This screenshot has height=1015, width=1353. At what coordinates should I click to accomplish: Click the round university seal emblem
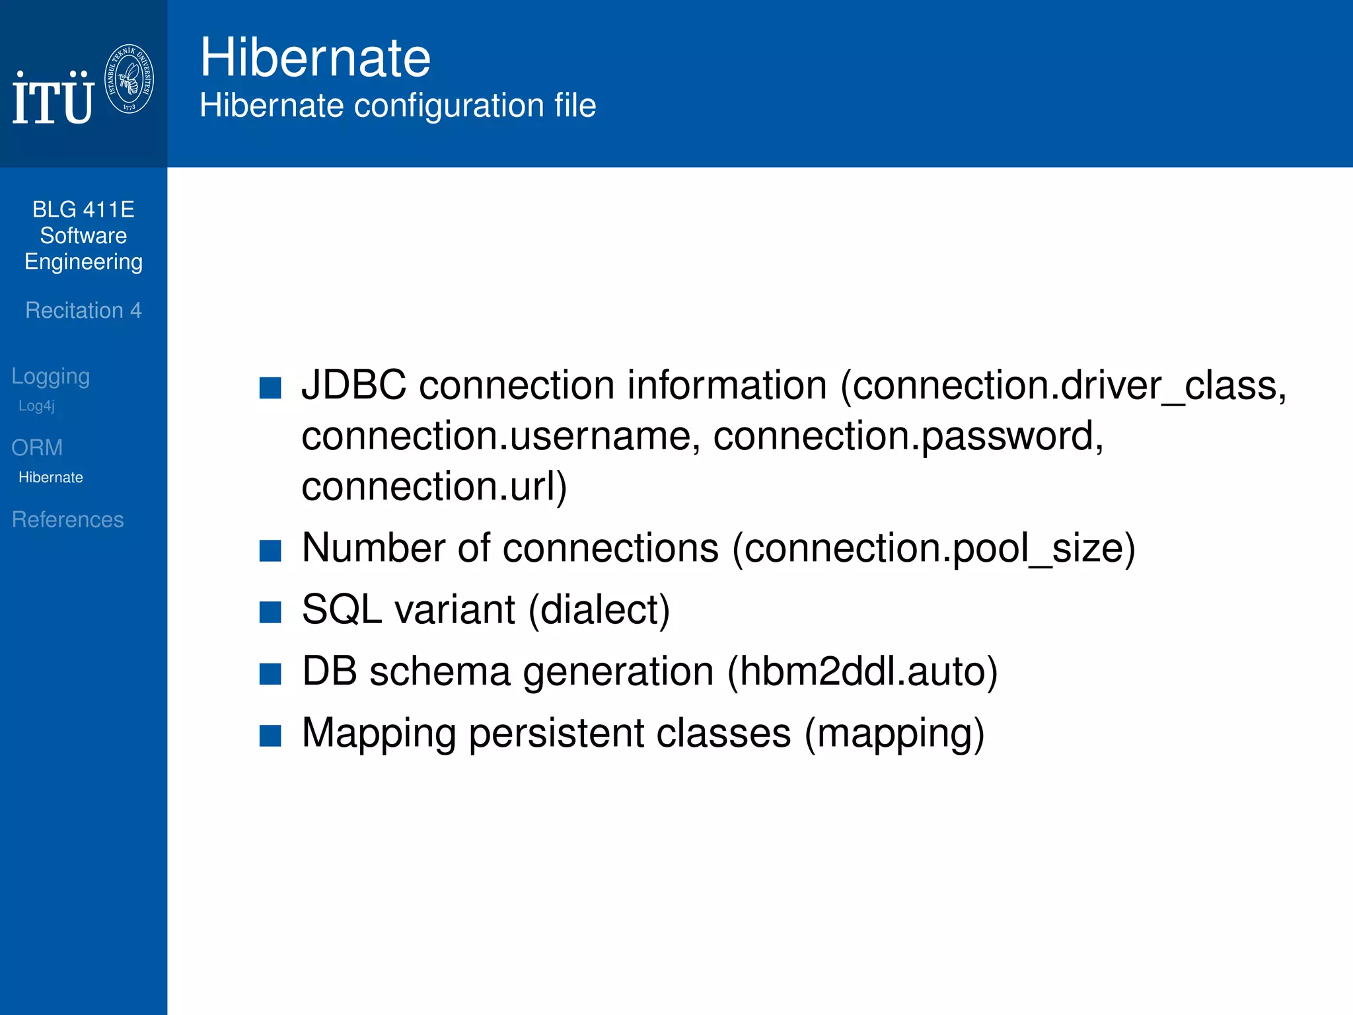point(129,79)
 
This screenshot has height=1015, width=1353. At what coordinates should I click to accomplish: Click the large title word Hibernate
point(315,57)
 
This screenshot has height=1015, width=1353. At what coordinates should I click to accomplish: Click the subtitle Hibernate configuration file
point(398,106)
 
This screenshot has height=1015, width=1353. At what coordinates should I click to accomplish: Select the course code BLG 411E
point(83,209)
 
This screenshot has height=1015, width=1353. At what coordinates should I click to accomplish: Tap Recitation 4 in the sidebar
point(83,311)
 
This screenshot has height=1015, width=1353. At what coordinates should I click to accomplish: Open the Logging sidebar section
point(51,376)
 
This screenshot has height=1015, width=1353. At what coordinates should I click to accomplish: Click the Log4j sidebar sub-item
point(36,406)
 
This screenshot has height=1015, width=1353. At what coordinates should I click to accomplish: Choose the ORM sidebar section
point(37,448)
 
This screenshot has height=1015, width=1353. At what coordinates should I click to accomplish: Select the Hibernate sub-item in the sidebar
point(51,478)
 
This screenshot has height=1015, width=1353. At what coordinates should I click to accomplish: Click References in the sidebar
point(68,519)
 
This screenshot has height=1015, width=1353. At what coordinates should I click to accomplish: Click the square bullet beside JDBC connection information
point(270,388)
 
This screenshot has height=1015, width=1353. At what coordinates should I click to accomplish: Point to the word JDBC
point(353,385)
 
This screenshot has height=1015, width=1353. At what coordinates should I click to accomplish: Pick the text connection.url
point(429,486)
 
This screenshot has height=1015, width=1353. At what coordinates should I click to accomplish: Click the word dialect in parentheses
point(599,609)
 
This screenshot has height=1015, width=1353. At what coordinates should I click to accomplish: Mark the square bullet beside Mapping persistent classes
point(270,735)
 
